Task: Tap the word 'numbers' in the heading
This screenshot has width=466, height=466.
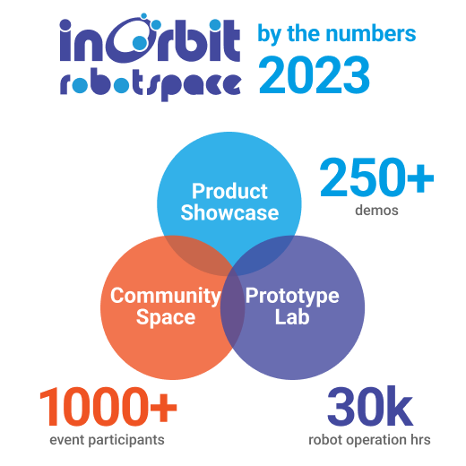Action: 375,34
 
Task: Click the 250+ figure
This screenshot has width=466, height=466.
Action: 376,179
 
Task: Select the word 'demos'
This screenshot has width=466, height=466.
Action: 376,212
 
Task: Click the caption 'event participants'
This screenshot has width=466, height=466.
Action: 108,440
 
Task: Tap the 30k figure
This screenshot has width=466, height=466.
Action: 369,410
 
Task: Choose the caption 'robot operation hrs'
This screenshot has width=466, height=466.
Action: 369,440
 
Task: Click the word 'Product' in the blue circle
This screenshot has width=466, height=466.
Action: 229,191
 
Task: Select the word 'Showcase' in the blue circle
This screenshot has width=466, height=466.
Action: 229,212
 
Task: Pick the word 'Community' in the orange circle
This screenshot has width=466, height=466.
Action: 165,296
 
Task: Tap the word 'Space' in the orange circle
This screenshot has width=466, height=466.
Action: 165,317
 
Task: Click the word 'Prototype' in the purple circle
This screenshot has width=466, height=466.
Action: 292,296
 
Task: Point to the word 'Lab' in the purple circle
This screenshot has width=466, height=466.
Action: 292,317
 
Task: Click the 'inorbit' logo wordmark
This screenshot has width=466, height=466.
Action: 150,40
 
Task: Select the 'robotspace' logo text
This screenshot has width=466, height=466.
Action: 150,84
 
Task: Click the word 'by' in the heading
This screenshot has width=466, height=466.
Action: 268,34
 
